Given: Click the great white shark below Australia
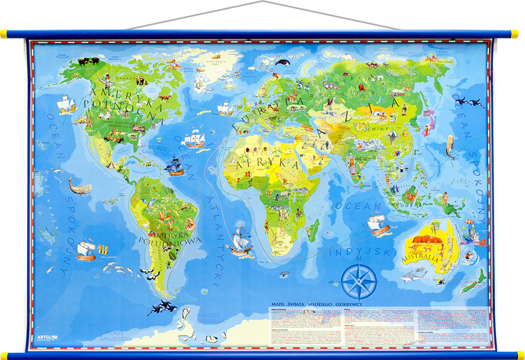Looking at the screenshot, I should point(413,274).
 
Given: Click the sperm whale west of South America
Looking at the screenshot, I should point(80,186).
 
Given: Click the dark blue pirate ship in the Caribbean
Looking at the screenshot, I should point(175,167).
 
